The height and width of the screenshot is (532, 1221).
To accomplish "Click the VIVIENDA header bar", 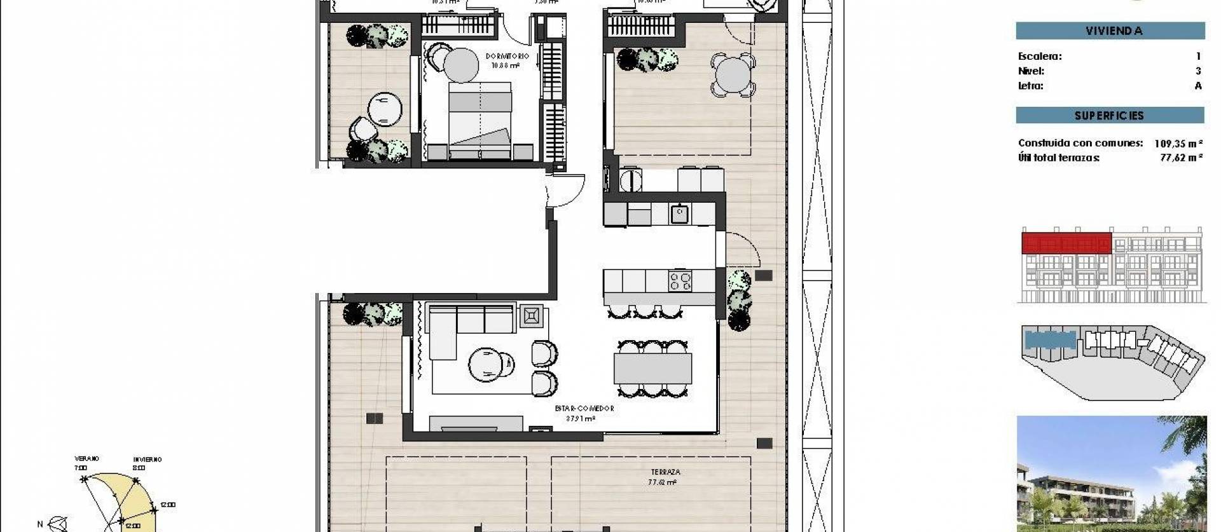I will tap(1110, 31).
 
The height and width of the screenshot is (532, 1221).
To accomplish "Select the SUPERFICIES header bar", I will tap(1110, 115).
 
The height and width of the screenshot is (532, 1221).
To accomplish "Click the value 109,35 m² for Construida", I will tap(1178, 143).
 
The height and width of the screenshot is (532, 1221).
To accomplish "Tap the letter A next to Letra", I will tap(1198, 86).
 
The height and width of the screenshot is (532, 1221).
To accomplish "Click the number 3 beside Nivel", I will tap(1198, 71).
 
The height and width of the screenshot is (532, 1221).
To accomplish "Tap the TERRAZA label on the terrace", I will tap(665, 472).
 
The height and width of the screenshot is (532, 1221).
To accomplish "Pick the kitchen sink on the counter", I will tap(679, 214).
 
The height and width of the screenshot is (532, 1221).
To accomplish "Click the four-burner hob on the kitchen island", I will tap(680, 281).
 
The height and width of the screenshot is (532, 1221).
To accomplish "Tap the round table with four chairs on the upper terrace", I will tap(732, 75).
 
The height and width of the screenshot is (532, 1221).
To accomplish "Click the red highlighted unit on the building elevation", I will tap(1066, 243).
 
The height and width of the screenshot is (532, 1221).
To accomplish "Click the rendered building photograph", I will tap(1111, 474).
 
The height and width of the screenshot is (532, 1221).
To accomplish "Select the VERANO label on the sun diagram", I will tap(86, 458).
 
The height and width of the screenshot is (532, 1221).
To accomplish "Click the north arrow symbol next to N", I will tap(59, 523).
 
